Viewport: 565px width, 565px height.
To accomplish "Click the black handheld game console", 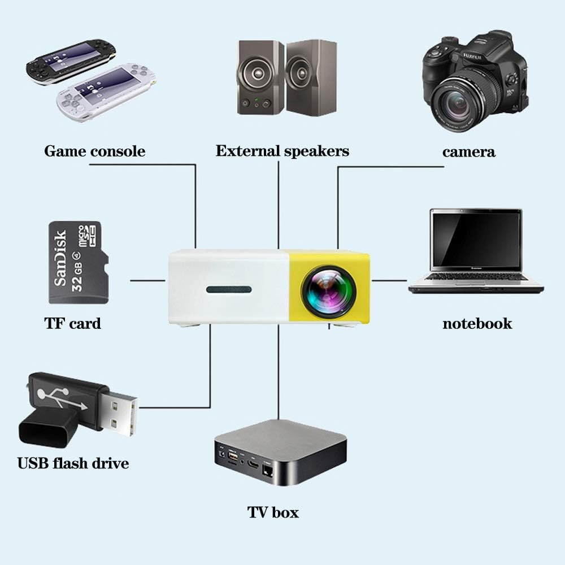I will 71,61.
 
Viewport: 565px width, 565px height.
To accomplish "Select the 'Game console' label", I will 94,151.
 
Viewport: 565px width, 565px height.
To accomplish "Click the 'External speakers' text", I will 282,151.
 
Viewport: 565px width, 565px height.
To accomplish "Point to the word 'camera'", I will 468,151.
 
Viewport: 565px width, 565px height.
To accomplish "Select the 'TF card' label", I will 72,324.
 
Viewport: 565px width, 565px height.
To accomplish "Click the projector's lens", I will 329,292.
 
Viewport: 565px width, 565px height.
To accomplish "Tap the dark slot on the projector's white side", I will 229,290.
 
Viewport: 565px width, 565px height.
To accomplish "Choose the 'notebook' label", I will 477,324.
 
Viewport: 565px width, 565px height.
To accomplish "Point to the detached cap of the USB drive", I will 48,426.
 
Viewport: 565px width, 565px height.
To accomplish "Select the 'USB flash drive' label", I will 73,464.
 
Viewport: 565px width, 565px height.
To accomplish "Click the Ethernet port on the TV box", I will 268,471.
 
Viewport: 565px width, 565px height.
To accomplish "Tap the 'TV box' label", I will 273,512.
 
